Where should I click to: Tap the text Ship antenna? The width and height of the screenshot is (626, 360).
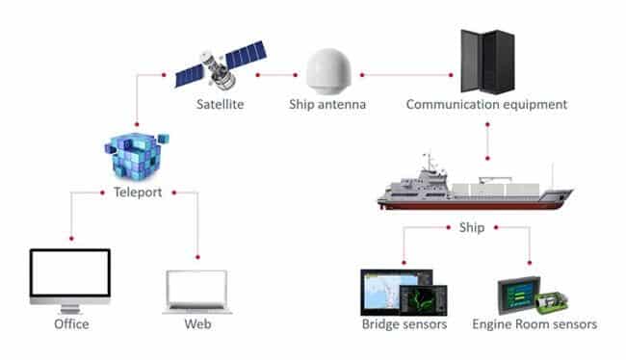(328, 104)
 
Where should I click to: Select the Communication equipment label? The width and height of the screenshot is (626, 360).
(486, 104)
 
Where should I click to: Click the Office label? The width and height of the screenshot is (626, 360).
(70, 324)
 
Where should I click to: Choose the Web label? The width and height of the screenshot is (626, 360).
(196, 324)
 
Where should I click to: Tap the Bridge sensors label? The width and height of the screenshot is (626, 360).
(404, 324)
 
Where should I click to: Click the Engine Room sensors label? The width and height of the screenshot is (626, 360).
(535, 324)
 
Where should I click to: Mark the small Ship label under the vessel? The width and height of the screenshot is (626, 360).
(472, 228)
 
